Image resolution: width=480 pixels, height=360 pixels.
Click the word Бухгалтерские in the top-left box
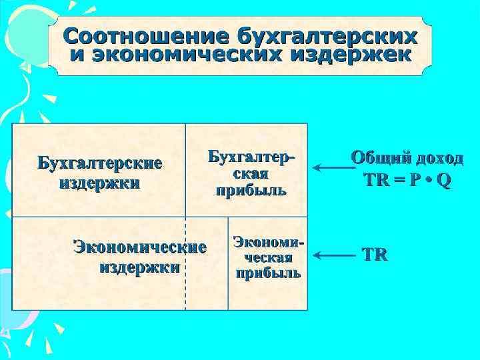coord(99,163)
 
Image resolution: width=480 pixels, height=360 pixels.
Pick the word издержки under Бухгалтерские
coord(99,183)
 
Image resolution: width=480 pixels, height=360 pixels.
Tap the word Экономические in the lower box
coord(139,248)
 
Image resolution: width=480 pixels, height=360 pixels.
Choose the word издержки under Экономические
coord(139,268)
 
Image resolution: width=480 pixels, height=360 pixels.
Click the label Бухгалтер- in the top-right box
coord(251,157)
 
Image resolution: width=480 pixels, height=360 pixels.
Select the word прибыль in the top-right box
coord(251,191)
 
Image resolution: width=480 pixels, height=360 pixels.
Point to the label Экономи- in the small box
coord(268,242)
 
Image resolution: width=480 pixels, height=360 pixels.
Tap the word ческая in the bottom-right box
coord(268,257)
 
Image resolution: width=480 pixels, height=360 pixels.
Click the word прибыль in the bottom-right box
coord(268,273)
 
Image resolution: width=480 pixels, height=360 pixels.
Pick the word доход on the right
coord(439,159)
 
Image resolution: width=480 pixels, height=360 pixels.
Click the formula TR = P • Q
coord(407,181)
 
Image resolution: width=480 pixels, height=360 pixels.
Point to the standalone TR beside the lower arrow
coord(375,255)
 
